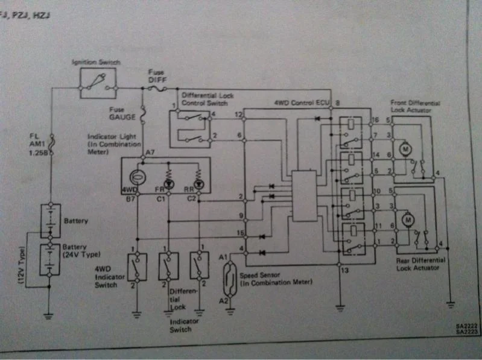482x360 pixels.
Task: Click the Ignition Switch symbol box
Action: (98, 83)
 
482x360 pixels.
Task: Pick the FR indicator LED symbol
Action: (168, 182)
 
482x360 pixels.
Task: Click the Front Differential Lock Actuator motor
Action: (406, 148)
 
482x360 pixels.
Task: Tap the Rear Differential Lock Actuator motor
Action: (408, 221)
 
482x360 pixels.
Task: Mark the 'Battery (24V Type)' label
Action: (75, 250)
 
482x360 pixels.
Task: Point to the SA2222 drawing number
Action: (468, 326)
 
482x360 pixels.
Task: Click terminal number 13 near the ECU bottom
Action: (344, 270)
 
